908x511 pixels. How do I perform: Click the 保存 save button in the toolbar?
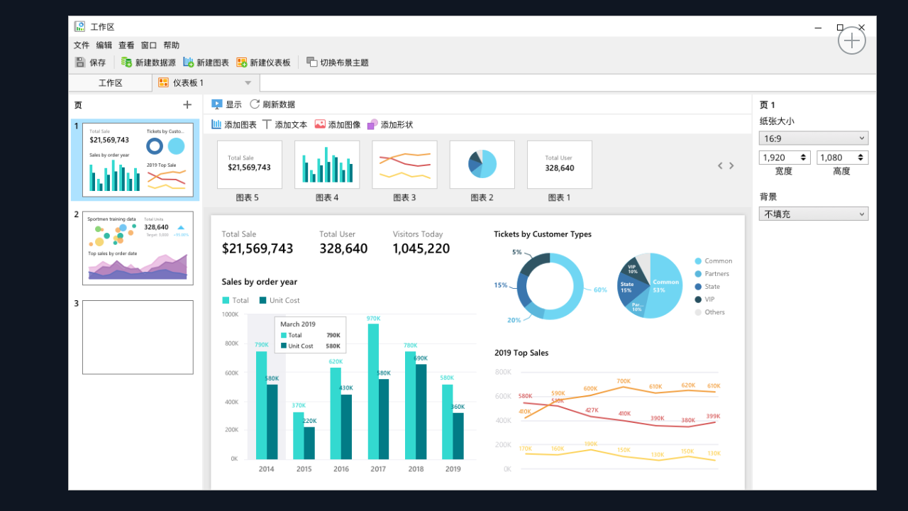[90, 62]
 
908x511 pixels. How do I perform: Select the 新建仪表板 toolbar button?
[263, 62]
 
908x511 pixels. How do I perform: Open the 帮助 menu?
[171, 45]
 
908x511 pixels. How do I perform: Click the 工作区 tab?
[110, 83]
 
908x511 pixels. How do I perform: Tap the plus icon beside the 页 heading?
[187, 105]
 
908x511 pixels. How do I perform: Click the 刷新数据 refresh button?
[272, 104]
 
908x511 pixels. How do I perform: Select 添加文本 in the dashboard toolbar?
[284, 124]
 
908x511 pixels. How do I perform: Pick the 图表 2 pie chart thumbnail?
[482, 165]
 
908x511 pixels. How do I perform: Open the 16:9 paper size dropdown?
[813, 138]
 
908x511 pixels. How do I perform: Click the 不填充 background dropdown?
[813, 214]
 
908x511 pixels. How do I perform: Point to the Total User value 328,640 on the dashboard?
[343, 248]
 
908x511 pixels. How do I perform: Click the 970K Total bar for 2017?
[373, 390]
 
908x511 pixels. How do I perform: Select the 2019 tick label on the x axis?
[453, 469]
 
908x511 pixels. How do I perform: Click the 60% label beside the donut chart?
[600, 290]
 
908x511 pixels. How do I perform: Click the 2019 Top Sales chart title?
[521, 353]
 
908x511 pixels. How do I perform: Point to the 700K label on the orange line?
[624, 381]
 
